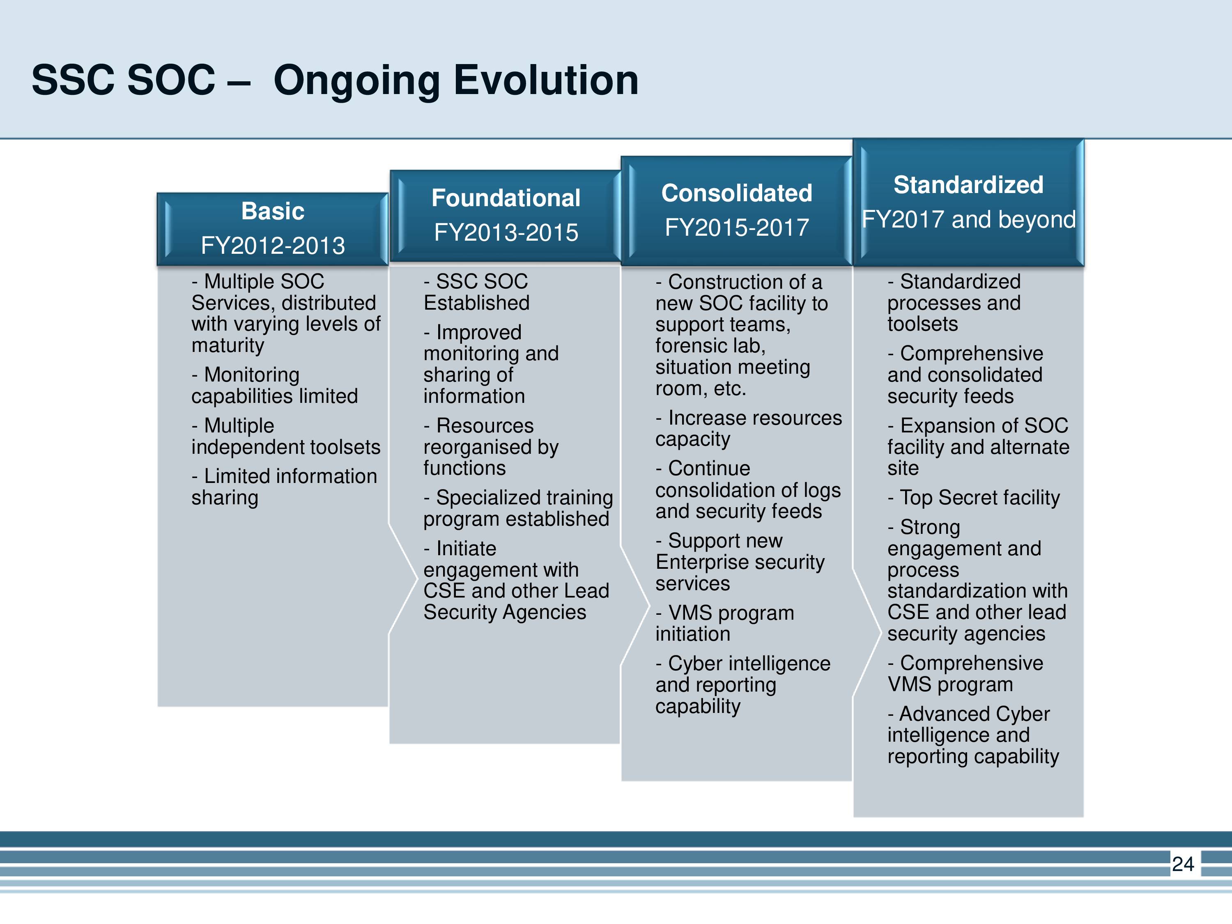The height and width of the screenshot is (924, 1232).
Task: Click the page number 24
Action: [1183, 864]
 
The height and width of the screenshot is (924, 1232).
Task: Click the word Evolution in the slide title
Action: [546, 80]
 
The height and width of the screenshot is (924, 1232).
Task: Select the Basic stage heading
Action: [273, 211]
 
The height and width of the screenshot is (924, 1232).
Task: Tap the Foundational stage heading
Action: [506, 198]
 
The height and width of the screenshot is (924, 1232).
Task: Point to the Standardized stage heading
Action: [968, 184]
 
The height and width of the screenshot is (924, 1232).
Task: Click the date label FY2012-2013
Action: [273, 246]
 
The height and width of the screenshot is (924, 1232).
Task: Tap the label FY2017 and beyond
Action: [968, 219]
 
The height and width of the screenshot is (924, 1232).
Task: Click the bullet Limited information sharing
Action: [284, 487]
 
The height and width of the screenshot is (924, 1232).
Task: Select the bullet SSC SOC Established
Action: [476, 292]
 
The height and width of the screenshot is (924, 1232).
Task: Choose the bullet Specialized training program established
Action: [518, 508]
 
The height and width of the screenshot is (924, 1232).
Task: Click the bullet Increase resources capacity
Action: [749, 428]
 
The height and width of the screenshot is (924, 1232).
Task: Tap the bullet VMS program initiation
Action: [724, 623]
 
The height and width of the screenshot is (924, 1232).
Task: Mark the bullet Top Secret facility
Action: [974, 498]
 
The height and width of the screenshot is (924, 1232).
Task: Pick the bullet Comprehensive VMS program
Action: [965, 674]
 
